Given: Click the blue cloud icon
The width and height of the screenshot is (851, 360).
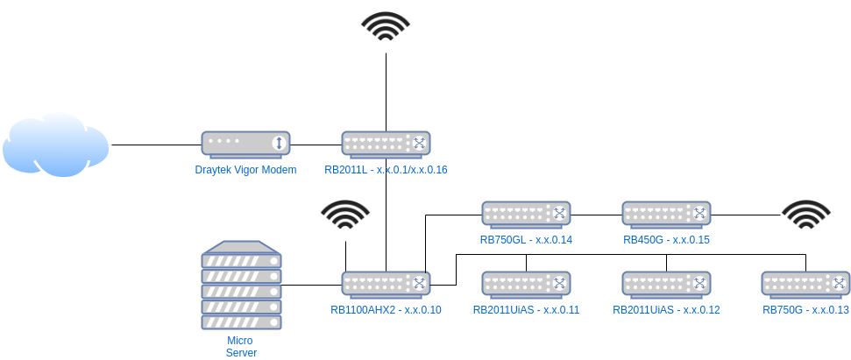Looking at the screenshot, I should (55, 145).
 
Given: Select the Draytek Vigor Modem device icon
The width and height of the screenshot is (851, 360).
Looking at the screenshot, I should (245, 144).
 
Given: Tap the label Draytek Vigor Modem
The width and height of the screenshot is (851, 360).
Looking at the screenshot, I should (245, 170).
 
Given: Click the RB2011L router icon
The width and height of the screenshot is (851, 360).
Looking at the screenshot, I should (386, 144).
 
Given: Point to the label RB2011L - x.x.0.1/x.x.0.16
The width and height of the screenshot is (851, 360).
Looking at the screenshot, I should (386, 170).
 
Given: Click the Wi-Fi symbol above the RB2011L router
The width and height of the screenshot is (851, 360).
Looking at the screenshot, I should (386, 26).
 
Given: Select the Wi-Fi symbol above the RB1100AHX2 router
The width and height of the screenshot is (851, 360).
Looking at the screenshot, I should (345, 215).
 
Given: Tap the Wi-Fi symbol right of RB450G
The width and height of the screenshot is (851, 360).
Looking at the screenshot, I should (806, 215).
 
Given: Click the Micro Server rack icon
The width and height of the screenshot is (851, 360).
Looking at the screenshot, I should (241, 286).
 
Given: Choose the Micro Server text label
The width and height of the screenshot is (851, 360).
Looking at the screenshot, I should (241, 346).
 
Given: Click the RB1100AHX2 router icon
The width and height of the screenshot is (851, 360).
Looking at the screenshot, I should (386, 283).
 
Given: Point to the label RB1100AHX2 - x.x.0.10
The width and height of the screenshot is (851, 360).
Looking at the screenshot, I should (386, 310).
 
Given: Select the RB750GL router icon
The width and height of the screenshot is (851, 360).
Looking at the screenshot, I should (526, 213).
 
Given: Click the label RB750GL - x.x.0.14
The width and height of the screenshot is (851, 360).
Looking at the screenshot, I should (526, 240).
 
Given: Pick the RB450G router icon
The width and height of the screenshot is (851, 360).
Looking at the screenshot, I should (666, 213).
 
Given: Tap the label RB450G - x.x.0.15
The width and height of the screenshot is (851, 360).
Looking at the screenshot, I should (666, 240).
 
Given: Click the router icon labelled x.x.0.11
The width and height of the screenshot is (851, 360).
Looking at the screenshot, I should (526, 283).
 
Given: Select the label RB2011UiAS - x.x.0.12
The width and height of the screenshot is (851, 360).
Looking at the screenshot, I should (666, 310).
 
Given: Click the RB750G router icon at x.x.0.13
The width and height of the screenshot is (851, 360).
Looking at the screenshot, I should (805, 283).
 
